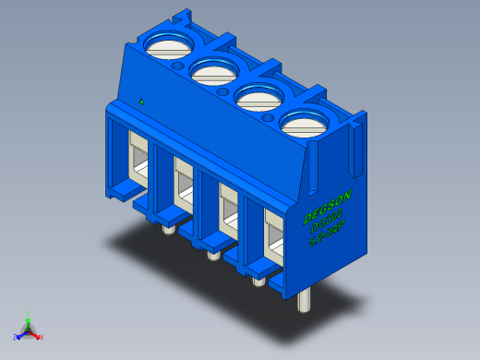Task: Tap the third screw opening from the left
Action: [258, 94]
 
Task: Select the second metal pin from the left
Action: [212, 253]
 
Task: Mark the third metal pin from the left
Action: [258, 278]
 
